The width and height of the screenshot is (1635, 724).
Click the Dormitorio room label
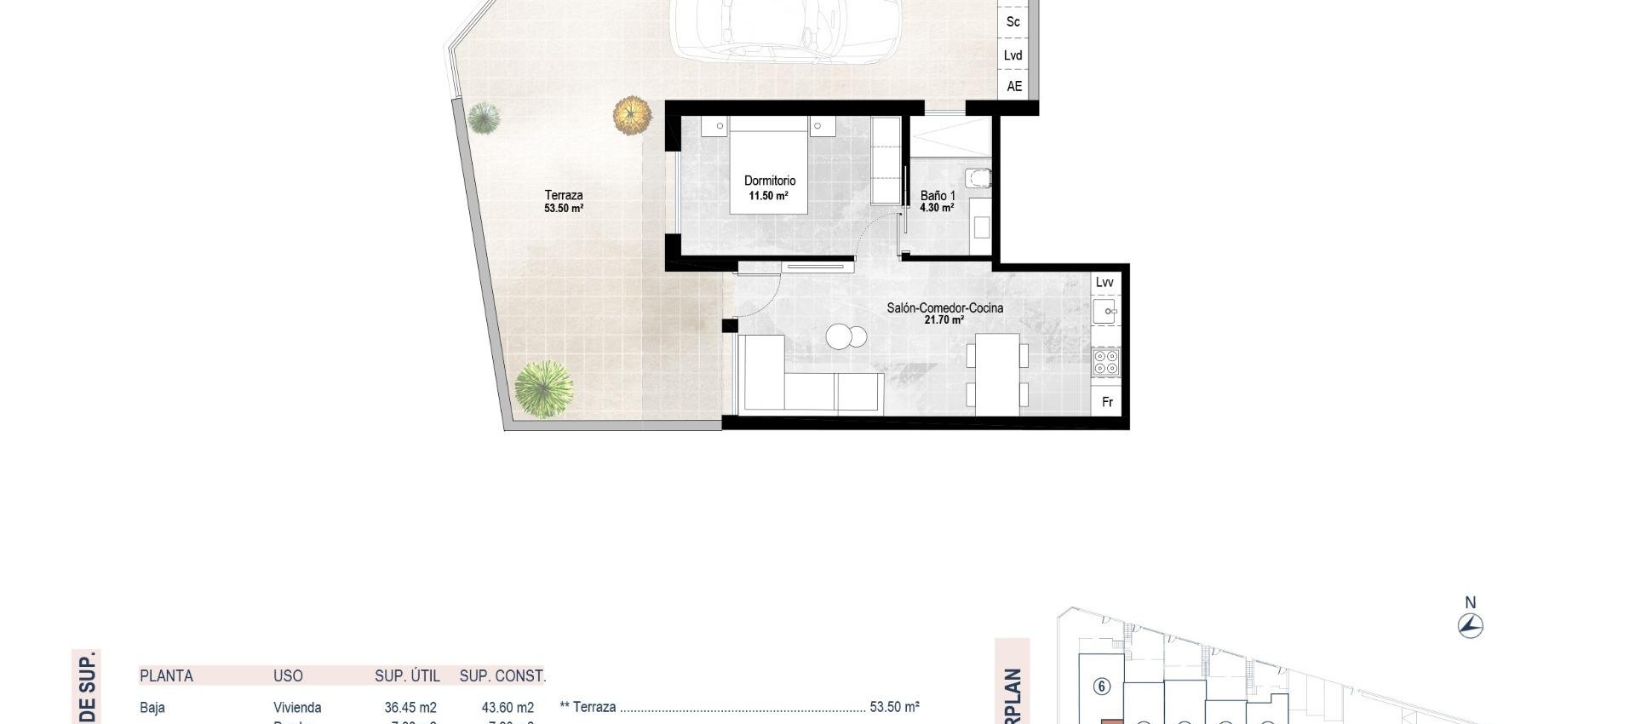pos(770,181)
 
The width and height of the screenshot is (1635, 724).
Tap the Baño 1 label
pos(937,196)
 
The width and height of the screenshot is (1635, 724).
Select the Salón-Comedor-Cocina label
pos(944,307)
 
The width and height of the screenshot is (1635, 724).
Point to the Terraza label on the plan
pos(564,195)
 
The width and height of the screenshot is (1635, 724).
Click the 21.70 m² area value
pos(944,320)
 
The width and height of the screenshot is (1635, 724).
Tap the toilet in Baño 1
pos(978,178)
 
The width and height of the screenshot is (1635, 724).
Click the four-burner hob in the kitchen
pos(1105,362)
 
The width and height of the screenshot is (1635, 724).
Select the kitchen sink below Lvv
pos(1104,311)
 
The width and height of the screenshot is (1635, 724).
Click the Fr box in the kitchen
pos(1108,402)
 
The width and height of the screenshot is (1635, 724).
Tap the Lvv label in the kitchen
pos(1104,282)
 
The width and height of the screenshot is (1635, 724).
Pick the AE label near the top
pos(1014,86)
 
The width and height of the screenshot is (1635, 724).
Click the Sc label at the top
pos(1013,21)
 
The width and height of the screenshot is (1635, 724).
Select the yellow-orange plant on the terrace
pos(632,115)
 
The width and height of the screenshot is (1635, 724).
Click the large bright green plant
pos(543,388)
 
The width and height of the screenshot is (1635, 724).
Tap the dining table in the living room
pos(997,374)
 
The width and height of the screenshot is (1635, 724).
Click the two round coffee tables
pos(846,337)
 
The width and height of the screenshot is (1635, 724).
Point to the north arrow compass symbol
pos(1470,626)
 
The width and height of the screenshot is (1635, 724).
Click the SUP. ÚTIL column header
pos(407,675)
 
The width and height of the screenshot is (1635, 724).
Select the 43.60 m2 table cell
pos(508,707)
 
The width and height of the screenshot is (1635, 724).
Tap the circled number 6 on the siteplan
pos(1102,686)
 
